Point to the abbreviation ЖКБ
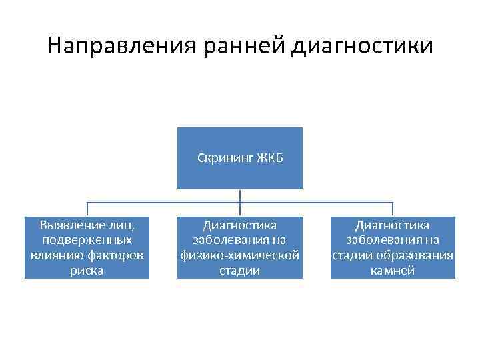coord(271,157)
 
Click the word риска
coord(87,271)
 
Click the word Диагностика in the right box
coord(393,225)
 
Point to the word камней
coord(393,271)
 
